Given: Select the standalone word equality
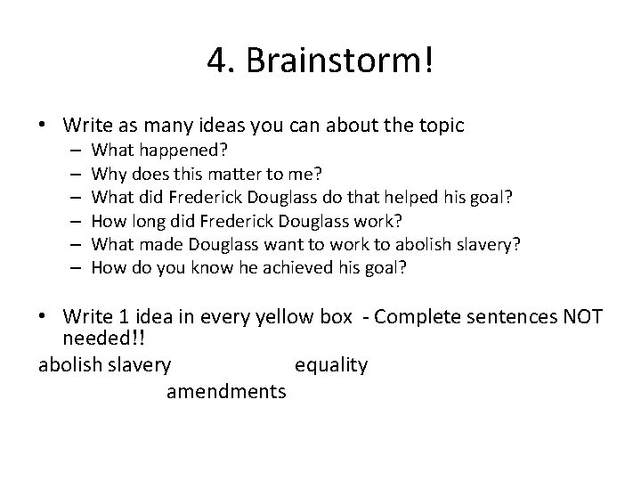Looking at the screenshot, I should pyautogui.click(x=330, y=365).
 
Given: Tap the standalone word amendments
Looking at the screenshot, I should pyautogui.click(x=226, y=390).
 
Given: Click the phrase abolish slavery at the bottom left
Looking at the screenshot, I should pyautogui.click(x=106, y=365).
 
